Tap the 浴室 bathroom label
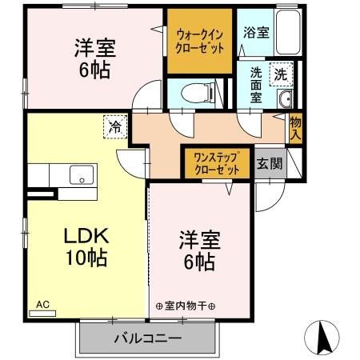click(x=257, y=34)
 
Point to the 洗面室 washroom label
click(x=256, y=82)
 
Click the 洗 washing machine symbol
click(x=280, y=73)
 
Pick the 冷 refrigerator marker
click(x=115, y=126)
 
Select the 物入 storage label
click(x=295, y=128)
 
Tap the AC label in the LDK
click(x=42, y=304)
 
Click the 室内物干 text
click(x=190, y=306)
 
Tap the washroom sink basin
click(x=284, y=99)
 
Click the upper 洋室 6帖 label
click(x=94, y=58)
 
